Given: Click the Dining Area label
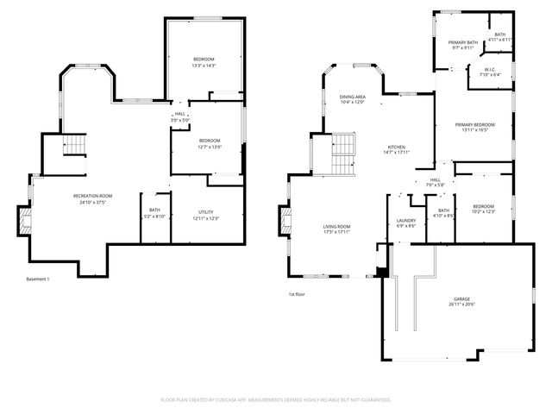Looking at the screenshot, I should tap(352, 97).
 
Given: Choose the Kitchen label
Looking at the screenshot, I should tap(395, 148).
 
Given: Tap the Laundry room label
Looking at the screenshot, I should tap(406, 220).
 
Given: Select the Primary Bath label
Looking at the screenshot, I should tap(462, 42).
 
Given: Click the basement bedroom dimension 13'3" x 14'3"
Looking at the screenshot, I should tap(204, 66).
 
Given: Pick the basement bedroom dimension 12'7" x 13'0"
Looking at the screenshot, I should tap(210, 147).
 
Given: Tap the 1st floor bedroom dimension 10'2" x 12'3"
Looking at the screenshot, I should tap(483, 211).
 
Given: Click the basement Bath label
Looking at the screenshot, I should tap(154, 210).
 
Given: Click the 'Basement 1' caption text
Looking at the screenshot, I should tap(38, 279).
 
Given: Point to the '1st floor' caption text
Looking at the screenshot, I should tap(298, 294).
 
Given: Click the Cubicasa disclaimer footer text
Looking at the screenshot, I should tap(276, 399).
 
